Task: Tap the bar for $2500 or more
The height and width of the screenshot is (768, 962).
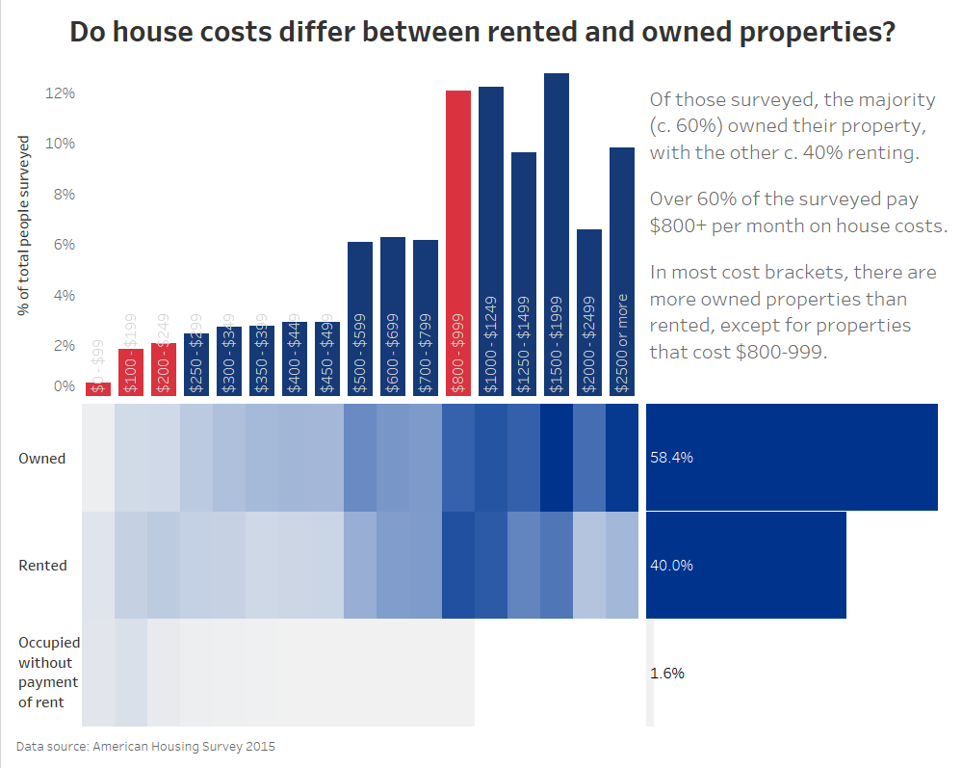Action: click(x=622, y=271)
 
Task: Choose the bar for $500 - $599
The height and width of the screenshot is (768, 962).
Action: click(x=360, y=318)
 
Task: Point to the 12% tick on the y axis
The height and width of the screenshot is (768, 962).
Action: click(x=60, y=93)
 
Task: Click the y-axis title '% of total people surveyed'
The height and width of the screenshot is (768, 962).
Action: click(x=23, y=225)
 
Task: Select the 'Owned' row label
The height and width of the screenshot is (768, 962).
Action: click(x=42, y=459)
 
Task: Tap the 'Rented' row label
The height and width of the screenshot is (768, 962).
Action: click(x=43, y=566)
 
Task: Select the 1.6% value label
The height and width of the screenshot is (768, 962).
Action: click(x=667, y=674)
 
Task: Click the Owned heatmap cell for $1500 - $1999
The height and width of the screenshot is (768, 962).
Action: click(x=557, y=458)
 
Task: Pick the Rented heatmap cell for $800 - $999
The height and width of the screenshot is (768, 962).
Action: click(x=458, y=565)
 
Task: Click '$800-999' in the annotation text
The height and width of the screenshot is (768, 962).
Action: click(x=780, y=352)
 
